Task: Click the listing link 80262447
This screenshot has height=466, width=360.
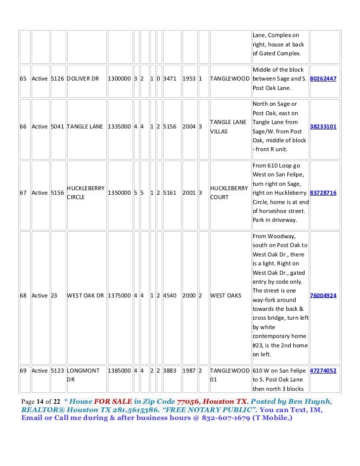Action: pyautogui.click(x=323, y=79)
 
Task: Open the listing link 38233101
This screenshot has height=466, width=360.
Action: pyautogui.click(x=323, y=127)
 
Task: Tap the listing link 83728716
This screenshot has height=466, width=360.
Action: pyautogui.click(x=323, y=193)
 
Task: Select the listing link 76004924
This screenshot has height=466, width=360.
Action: pyautogui.click(x=323, y=296)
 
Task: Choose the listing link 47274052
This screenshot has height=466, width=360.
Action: pyautogui.click(x=323, y=370)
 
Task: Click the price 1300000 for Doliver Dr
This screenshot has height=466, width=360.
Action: pyautogui.click(x=119, y=79)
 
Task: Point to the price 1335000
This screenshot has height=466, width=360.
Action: pyautogui.click(x=119, y=127)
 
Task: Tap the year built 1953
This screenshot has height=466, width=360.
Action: pyautogui.click(x=188, y=79)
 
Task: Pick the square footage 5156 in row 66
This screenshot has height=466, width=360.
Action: pyautogui.click(x=170, y=127)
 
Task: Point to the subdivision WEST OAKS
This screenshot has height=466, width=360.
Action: pyautogui.click(x=225, y=296)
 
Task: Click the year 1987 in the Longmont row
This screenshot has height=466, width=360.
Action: pyautogui.click(x=188, y=370)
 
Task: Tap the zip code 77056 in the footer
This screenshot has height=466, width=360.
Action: pyautogui.click(x=187, y=400)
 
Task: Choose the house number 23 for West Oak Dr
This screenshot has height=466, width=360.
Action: pyautogui.click(x=54, y=296)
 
